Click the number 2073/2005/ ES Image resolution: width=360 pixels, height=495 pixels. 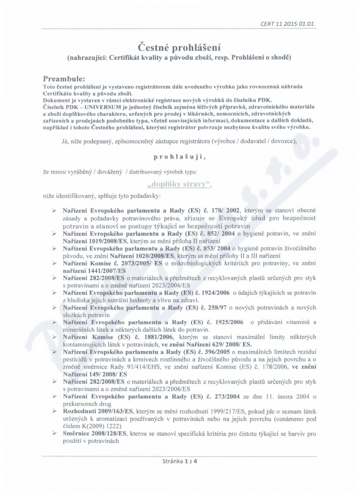point(143,264)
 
